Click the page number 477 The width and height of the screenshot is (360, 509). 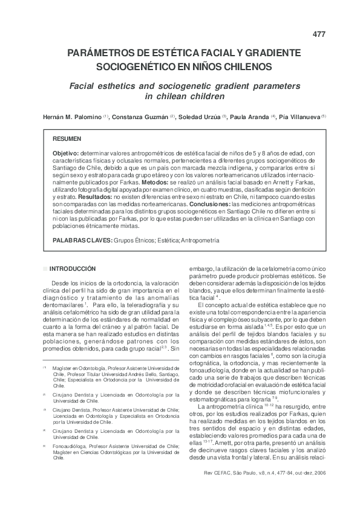(319, 34)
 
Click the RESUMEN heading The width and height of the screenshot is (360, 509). (67, 139)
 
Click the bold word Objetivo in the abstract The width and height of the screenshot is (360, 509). (66, 154)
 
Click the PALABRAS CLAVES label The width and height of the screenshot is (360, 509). (82, 240)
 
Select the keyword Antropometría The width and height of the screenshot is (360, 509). (200, 240)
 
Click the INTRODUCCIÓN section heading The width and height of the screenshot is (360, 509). (73, 268)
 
